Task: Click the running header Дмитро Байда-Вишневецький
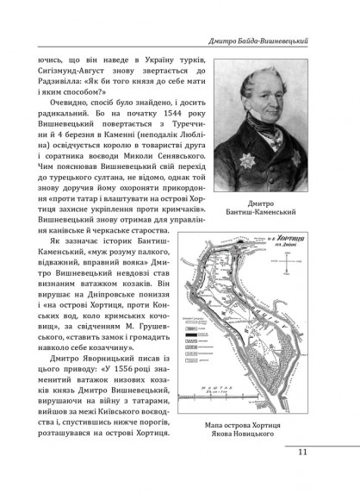click(x=272, y=41)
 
